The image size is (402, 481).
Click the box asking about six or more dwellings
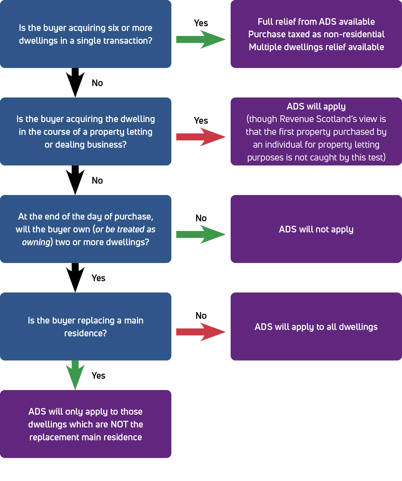pos(86,34)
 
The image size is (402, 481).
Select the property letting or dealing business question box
pos(86,131)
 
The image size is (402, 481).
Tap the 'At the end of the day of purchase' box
pos(86,229)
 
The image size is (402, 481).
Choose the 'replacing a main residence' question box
pos(86,326)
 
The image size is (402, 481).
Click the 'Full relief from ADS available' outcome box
pos(316,34)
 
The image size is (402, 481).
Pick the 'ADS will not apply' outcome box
pos(316,229)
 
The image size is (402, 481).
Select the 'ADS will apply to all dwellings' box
pos(316,326)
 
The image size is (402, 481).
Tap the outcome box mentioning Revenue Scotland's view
pos(316,131)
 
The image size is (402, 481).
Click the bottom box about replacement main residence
pos(86,424)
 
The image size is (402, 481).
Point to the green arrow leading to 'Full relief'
pos(201,39)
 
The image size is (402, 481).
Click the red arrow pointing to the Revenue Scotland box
pos(201,137)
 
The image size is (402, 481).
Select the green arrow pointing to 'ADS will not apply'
pos(201,234)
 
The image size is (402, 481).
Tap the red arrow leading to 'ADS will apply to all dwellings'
pos(201,332)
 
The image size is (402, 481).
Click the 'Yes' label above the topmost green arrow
pos(201,23)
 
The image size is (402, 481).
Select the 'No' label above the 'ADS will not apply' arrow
pos(201,218)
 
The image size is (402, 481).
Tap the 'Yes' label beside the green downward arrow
pos(98,376)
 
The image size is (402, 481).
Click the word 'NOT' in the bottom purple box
pos(119,424)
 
